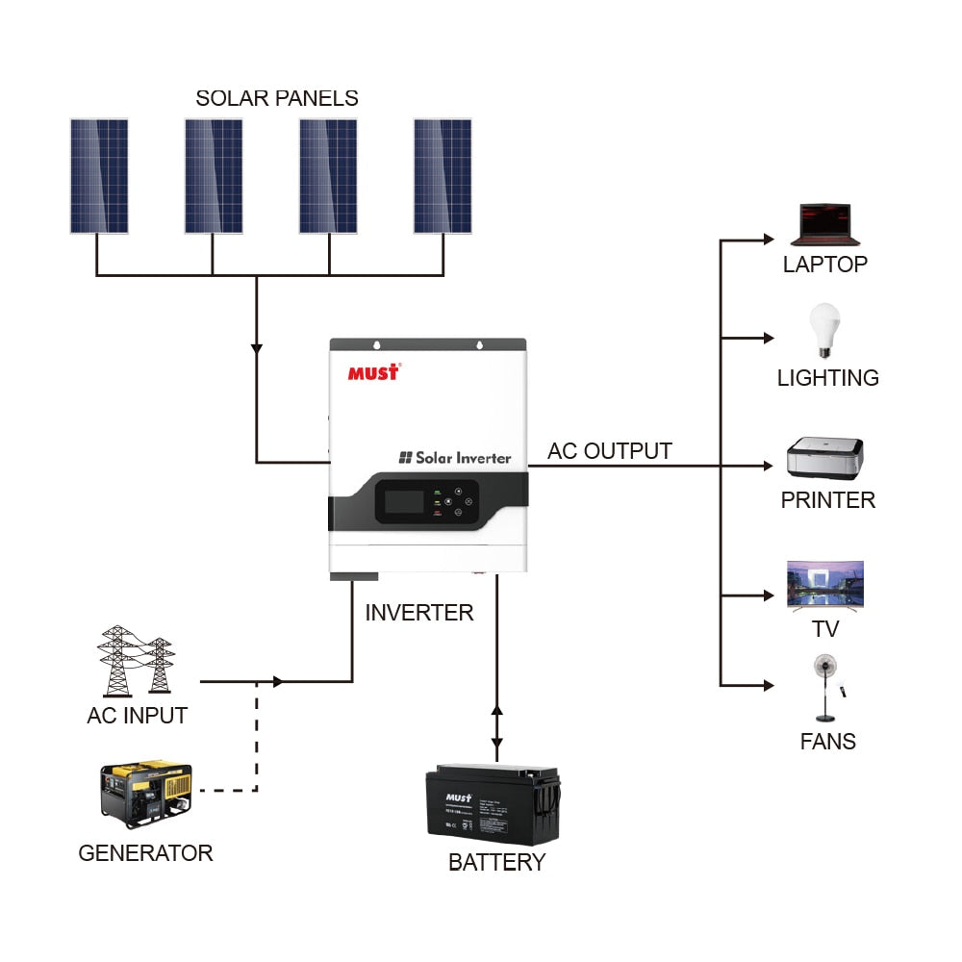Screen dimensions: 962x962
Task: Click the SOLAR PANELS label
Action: coord(277,98)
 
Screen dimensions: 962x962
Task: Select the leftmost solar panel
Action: coord(99,176)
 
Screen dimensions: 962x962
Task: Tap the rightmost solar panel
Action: coord(443,176)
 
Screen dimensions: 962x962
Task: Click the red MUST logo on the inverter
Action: coord(373,372)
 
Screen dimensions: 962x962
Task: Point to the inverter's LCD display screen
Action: coord(400,502)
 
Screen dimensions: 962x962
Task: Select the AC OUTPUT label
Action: coord(610,451)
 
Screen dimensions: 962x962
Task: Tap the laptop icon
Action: coord(824,225)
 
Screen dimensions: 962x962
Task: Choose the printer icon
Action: coord(825,459)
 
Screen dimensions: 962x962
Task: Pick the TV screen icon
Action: coord(825,585)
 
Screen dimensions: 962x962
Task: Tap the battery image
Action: coord(493,804)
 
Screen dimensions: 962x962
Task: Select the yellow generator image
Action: coord(146,794)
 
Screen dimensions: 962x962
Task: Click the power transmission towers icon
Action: coord(136,661)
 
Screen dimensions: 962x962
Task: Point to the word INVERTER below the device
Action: coord(419,613)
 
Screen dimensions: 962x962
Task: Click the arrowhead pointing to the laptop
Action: coord(768,240)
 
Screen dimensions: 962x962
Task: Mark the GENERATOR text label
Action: coord(145,853)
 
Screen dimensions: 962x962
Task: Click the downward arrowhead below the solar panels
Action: coord(256,347)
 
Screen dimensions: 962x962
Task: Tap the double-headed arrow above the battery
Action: coord(496,728)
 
